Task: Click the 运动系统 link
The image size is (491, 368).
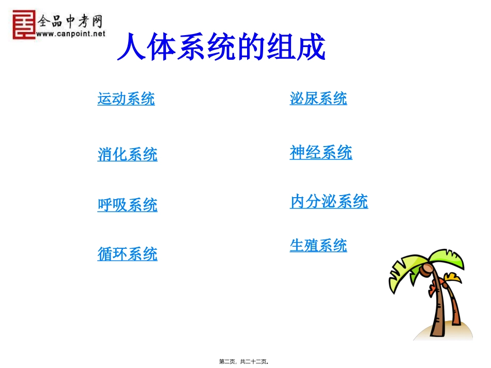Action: point(126,98)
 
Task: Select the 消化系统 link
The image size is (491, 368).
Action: point(127,154)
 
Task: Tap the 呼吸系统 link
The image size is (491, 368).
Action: point(127,205)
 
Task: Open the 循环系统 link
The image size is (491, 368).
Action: point(127,254)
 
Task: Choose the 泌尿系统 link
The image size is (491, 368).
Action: point(318,98)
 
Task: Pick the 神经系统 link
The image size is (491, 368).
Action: point(320,152)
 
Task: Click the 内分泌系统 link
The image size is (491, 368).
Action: point(329,201)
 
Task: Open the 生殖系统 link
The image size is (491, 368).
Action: point(318,246)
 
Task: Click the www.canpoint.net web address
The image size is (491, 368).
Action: point(71,34)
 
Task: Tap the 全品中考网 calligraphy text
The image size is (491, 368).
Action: point(70,21)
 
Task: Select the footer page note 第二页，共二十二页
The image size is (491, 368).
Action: point(243,362)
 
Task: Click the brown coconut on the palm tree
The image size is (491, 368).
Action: point(427,268)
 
